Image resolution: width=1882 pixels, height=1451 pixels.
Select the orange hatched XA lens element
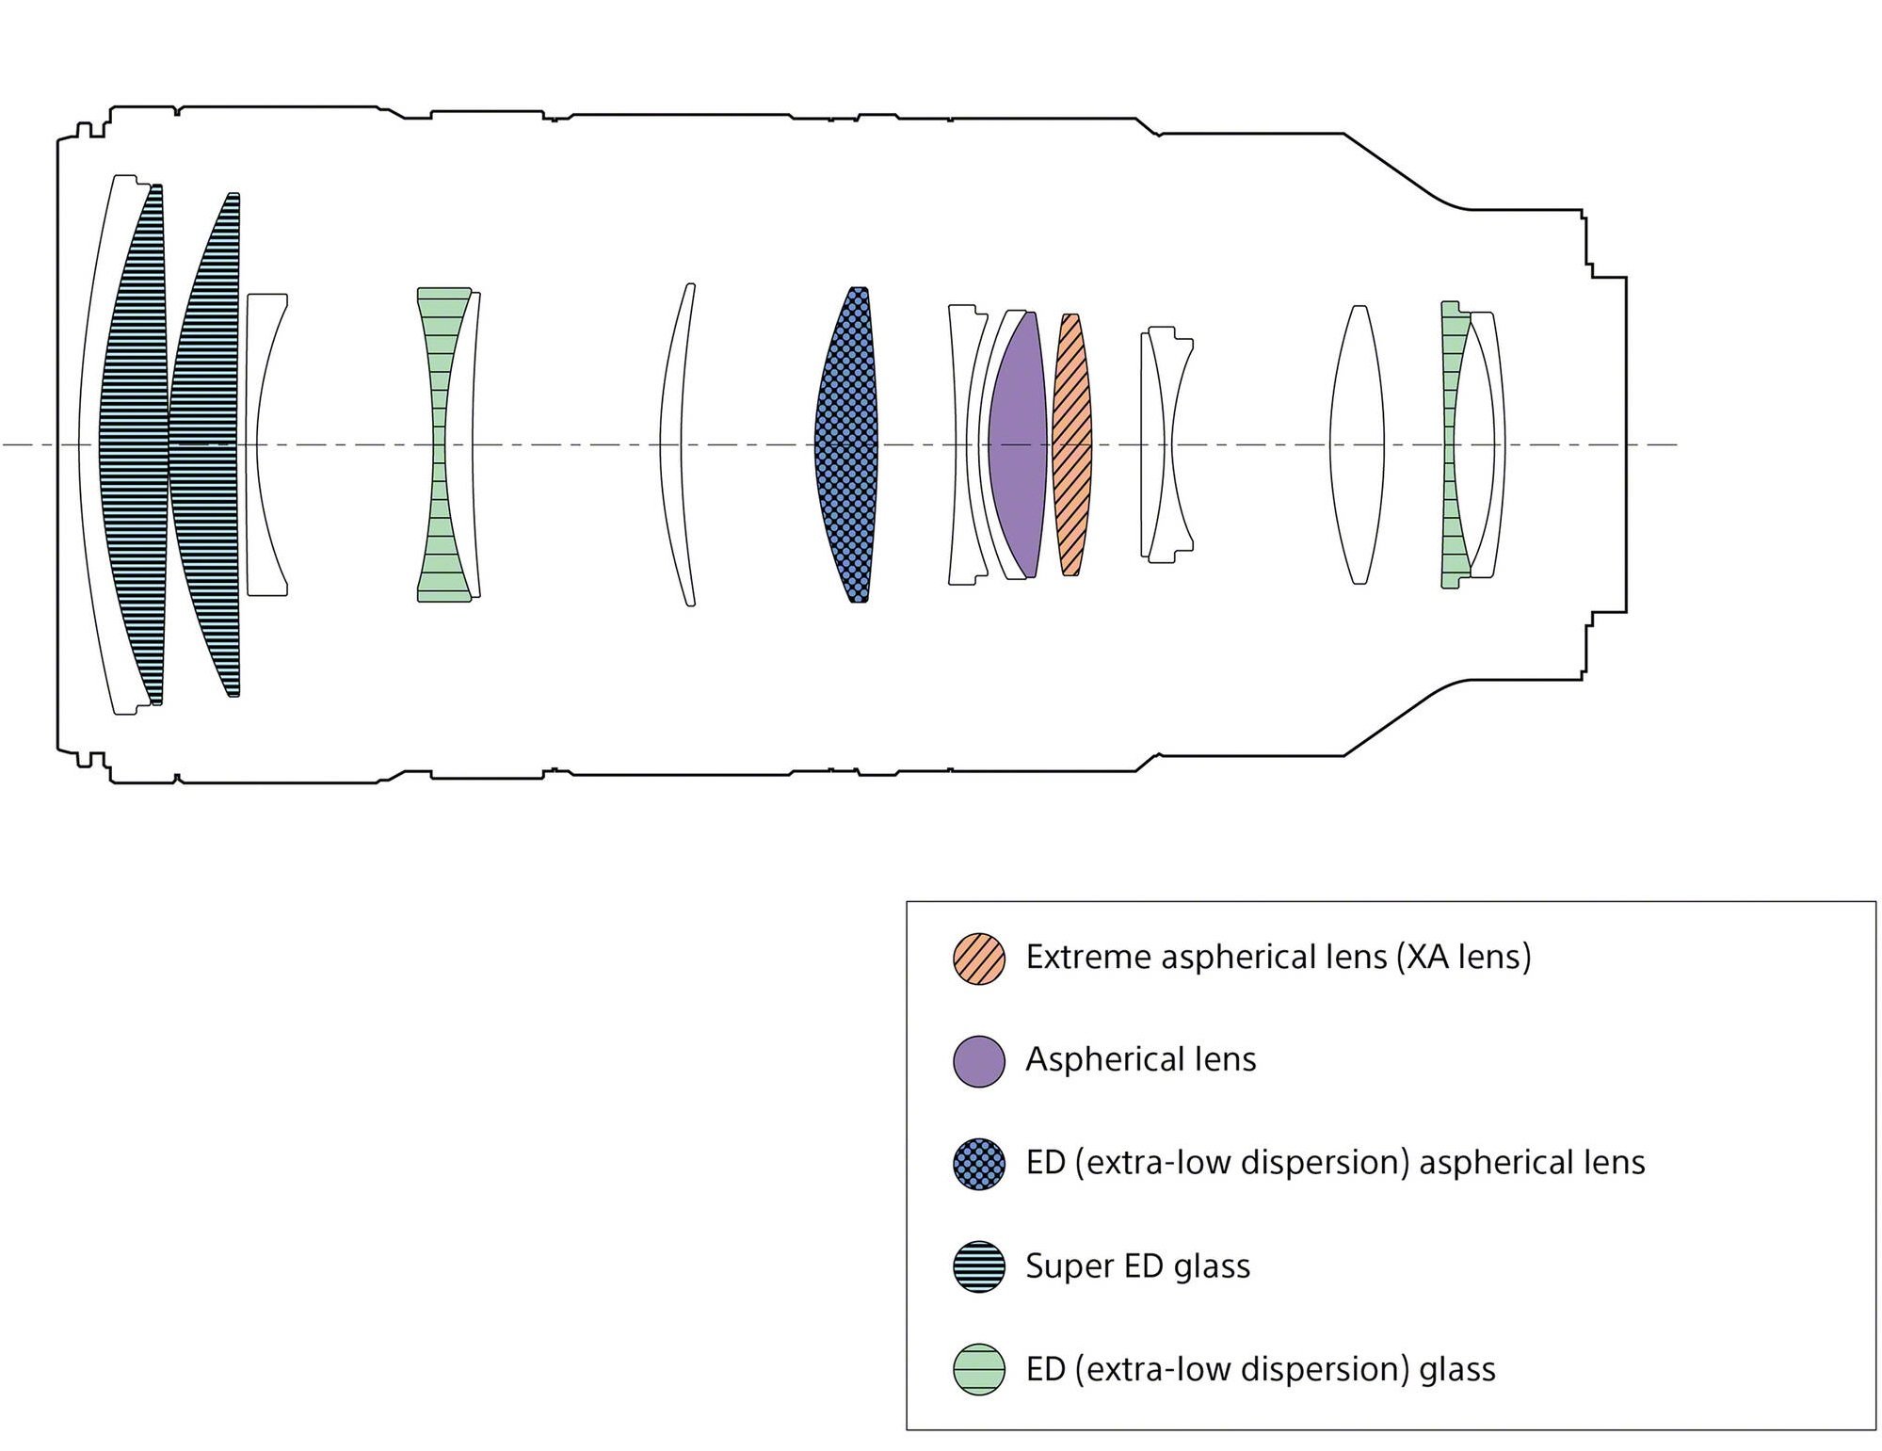click(1071, 444)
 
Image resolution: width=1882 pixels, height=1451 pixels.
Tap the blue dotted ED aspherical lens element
click(846, 444)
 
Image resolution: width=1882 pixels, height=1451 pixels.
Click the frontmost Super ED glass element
click(134, 444)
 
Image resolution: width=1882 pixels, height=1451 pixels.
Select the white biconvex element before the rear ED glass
click(1357, 444)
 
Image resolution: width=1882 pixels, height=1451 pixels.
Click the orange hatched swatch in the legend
click(979, 959)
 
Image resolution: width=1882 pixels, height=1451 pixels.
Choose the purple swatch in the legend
click(979, 1061)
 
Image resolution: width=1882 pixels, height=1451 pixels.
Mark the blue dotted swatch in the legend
click(979, 1164)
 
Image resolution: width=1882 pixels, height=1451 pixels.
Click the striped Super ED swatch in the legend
click(979, 1266)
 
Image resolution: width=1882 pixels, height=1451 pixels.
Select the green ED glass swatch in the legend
click(979, 1369)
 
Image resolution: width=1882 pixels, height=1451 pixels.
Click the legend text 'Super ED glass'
click(1137, 1266)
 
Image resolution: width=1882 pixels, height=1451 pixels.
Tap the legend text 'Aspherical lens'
click(1140, 1060)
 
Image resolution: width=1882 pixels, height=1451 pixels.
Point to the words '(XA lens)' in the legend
click(1463, 958)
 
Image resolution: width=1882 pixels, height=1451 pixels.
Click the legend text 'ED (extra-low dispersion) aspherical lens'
click(1335, 1163)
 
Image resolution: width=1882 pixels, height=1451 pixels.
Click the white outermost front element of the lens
click(91, 444)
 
